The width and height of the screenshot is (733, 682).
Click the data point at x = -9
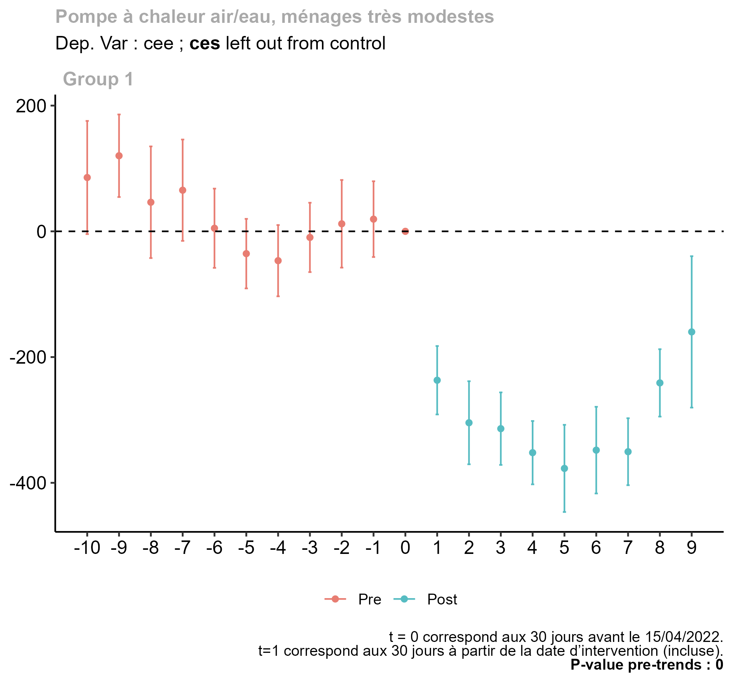[x=119, y=156]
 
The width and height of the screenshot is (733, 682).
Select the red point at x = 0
[x=405, y=231]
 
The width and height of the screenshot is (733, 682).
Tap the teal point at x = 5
[x=564, y=469]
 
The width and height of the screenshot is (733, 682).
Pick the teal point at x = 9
[x=692, y=332]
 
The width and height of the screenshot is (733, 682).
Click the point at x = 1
[x=437, y=380]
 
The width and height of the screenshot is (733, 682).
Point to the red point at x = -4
[x=278, y=261]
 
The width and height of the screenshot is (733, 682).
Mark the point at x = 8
[x=660, y=383]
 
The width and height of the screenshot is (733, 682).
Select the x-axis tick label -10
[x=87, y=548]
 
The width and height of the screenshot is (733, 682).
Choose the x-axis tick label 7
[x=628, y=548]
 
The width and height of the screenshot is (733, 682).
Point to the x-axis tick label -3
[x=310, y=548]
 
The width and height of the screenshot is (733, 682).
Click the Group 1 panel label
[x=98, y=79]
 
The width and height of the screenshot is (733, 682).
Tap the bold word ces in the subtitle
[x=205, y=43]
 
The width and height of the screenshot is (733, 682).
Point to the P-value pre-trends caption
[x=646, y=665]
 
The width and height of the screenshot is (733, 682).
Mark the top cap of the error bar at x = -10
[x=87, y=121]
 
